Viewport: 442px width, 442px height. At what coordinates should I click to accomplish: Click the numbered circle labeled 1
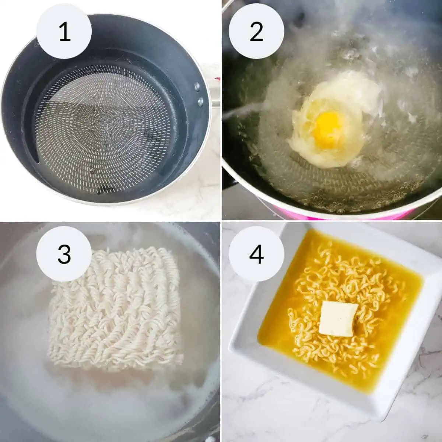(x=64, y=31)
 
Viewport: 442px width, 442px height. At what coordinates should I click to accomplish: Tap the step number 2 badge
(x=256, y=31)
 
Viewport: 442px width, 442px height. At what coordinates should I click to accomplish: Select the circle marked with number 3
(x=64, y=255)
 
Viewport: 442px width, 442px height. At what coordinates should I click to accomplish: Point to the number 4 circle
(x=256, y=255)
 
